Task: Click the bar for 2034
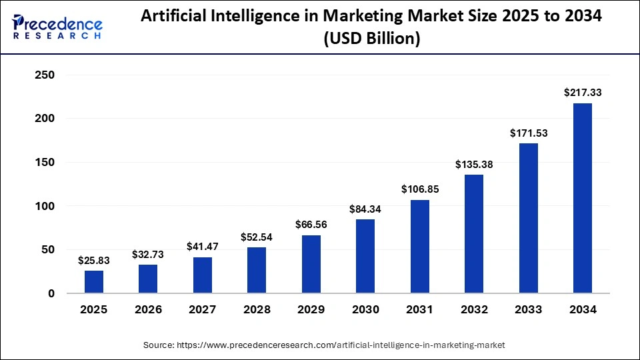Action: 582,198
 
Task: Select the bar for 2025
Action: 94,281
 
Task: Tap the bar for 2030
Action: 365,256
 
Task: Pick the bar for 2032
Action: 474,233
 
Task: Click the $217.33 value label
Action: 582,92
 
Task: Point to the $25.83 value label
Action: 94,260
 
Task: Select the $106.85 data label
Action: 419,189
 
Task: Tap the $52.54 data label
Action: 257,237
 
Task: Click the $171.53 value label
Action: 528,133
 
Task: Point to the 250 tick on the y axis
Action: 45,75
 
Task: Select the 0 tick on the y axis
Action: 51,293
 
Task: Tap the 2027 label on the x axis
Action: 203,309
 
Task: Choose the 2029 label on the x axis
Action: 311,309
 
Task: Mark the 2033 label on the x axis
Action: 528,309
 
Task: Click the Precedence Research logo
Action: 57,27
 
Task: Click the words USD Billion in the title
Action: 371,39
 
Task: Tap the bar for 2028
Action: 257,270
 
